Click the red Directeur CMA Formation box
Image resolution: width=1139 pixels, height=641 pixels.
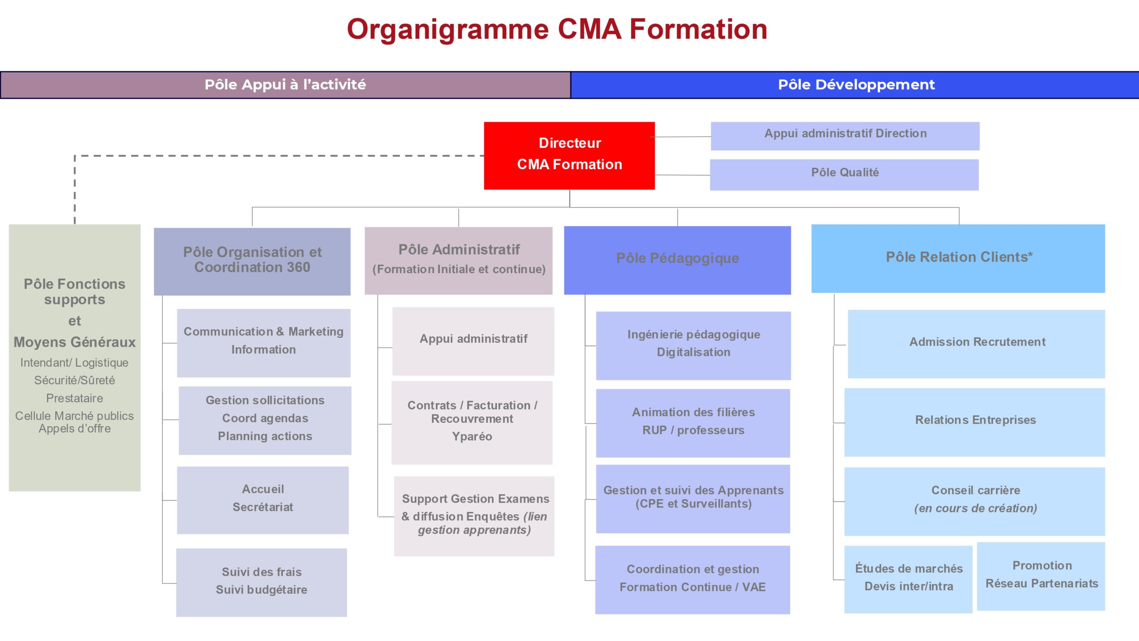pyautogui.click(x=569, y=155)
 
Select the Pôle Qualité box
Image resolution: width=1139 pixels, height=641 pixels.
pyautogui.click(x=844, y=174)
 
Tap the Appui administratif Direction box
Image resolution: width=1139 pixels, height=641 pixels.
pyautogui.click(x=845, y=135)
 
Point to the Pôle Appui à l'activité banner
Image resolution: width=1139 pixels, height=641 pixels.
pyautogui.click(x=285, y=85)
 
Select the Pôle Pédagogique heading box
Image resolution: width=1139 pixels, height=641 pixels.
pyautogui.click(x=677, y=260)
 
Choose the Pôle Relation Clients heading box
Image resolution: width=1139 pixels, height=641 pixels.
pyautogui.click(x=958, y=258)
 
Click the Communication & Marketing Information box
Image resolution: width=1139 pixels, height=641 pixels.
pyautogui.click(x=263, y=342)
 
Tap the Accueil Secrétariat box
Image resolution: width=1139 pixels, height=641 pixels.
pyautogui.click(x=263, y=499)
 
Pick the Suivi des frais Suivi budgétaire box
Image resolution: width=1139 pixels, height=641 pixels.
pyautogui.click(x=261, y=582)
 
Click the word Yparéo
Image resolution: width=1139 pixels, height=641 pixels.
pyautogui.click(x=472, y=437)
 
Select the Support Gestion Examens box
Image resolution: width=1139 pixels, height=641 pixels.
pyautogui.click(x=474, y=515)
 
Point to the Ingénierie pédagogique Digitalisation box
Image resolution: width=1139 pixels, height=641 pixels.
pyautogui.click(x=693, y=345)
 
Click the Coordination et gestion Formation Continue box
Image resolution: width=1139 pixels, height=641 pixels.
pyautogui.click(x=692, y=579)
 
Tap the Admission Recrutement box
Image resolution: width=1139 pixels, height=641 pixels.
pyautogui.click(x=976, y=343)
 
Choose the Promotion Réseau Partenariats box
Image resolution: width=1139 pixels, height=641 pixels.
pyautogui.click(x=1041, y=576)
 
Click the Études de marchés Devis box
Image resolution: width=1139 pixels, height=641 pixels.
pyautogui.click(x=908, y=578)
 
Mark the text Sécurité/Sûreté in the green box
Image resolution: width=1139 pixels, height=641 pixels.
pyautogui.click(x=74, y=381)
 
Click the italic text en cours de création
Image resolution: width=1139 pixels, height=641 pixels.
pyautogui.click(x=975, y=508)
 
